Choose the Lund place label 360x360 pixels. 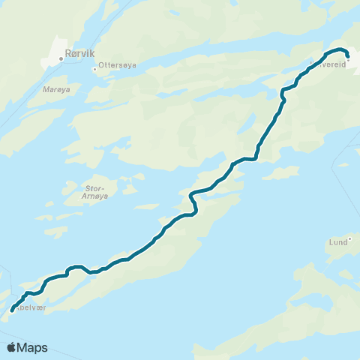pos(338,242)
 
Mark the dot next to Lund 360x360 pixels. pos(349,238)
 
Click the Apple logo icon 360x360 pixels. pos(11,347)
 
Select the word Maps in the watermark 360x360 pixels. pos(32,347)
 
